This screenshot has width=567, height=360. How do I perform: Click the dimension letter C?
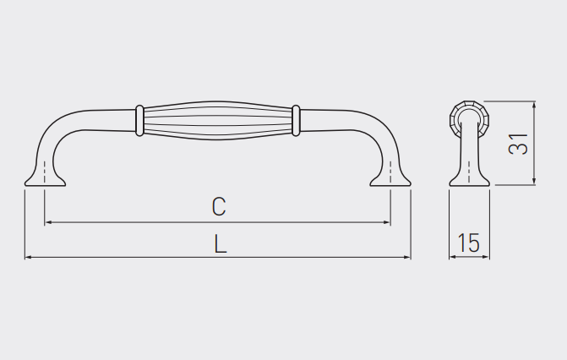point(219,206)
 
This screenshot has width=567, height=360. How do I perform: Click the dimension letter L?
point(221,243)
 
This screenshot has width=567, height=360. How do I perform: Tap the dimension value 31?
point(518,144)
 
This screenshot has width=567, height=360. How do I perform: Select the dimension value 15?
point(469,243)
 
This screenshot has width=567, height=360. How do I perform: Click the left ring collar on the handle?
point(139,121)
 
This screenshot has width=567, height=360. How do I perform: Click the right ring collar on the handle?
point(296,121)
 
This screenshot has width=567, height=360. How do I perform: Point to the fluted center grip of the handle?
point(217,121)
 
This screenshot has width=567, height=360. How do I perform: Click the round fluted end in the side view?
point(469,117)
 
